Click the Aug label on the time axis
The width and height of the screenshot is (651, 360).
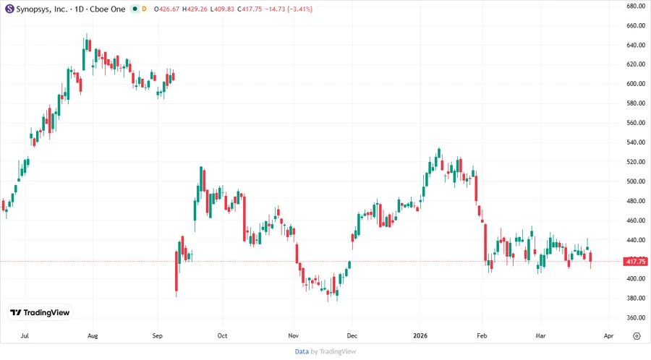click(92, 336)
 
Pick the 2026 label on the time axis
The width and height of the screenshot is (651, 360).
click(420, 336)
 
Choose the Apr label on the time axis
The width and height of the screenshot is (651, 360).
click(608, 336)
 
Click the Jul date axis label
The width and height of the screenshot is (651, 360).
click(25, 336)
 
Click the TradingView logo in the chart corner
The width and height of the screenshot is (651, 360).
click(40, 312)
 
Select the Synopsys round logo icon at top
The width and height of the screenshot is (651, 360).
click(9, 9)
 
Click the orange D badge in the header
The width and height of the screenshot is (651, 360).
click(145, 9)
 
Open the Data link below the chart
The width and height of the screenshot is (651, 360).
click(302, 351)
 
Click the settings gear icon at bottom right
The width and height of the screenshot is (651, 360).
click(636, 336)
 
